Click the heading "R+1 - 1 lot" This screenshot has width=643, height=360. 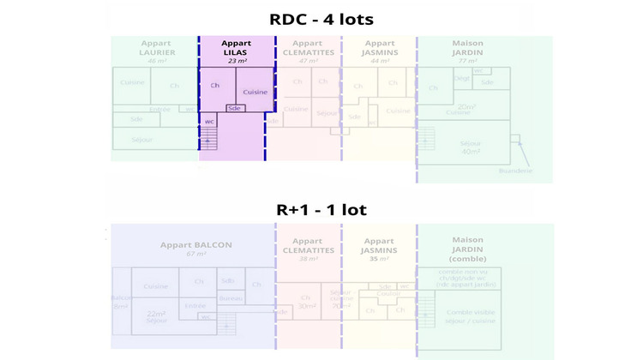tap(321, 209)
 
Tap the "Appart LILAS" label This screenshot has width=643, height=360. tap(237, 48)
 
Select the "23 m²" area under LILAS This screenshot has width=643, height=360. tap(237, 62)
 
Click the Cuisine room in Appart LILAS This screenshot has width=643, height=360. tap(255, 92)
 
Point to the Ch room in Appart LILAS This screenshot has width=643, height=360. tap(214, 86)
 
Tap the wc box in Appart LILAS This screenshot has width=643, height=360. tap(208, 122)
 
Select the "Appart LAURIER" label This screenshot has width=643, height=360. tap(157, 48)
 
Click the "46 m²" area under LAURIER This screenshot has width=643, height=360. tap(157, 62)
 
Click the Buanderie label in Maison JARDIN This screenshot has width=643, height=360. tap(515, 171)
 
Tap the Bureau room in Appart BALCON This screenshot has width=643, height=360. tap(231, 297)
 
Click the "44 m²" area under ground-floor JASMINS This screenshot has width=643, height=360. tap(378, 62)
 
